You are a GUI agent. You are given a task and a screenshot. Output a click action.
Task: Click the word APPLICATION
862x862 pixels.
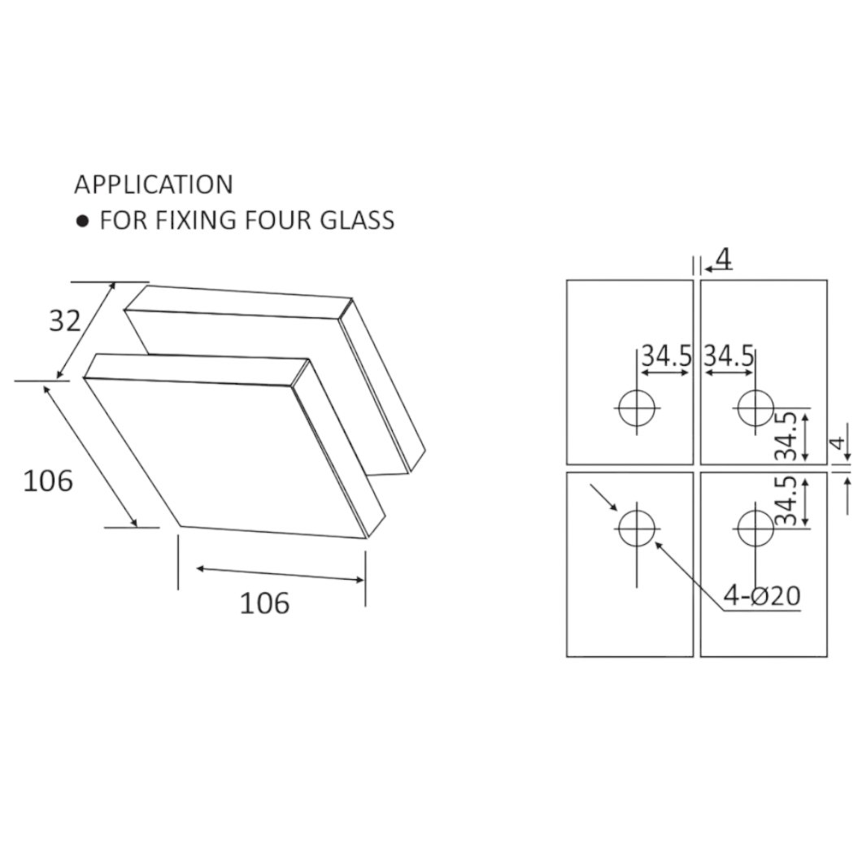coord(154,184)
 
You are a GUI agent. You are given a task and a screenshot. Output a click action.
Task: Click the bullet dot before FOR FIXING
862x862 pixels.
coord(82,221)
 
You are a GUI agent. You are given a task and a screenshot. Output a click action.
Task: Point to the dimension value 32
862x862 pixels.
coord(65,320)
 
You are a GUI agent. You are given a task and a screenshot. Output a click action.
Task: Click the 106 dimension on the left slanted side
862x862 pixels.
coord(48,481)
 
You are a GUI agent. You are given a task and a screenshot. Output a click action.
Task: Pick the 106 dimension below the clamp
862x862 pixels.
coord(264,603)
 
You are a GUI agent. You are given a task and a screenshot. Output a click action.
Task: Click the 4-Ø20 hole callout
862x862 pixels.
coord(761,595)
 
